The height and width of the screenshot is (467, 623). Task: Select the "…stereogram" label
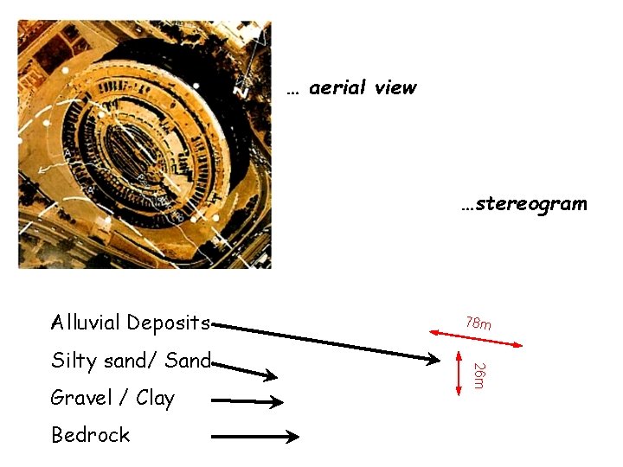(523, 204)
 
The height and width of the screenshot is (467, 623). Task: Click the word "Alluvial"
(86, 323)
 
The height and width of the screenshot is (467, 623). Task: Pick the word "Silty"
(74, 361)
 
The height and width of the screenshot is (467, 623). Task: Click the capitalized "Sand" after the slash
(188, 360)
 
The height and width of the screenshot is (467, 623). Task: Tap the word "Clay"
(155, 398)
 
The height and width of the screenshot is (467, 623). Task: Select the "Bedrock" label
(90, 435)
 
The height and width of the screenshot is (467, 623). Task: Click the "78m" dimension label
(478, 323)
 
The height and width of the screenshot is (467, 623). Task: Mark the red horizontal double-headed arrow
(476, 338)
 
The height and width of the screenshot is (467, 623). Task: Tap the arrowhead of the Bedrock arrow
(293, 438)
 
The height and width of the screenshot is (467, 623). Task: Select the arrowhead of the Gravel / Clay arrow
(277, 401)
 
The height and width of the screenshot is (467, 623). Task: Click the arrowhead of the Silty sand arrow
(271, 376)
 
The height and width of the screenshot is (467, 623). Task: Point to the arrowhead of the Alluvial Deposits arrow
(433, 357)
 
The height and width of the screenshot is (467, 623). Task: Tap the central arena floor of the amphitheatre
(143, 147)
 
